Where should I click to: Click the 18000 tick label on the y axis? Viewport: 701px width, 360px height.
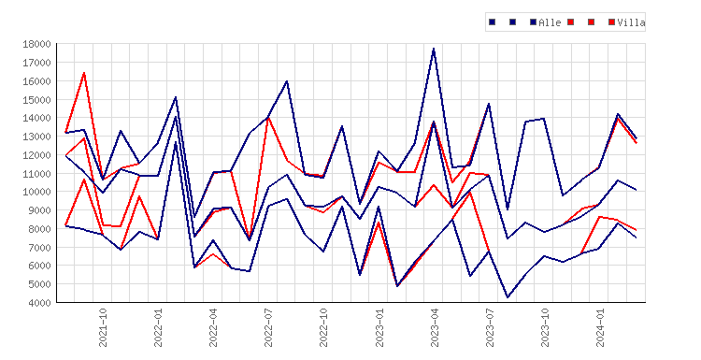coord(36,44)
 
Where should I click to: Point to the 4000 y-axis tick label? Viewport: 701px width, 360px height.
coord(39,303)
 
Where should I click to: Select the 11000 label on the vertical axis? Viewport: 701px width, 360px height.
coord(36,174)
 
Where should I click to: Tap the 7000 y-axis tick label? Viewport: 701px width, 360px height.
coord(39,247)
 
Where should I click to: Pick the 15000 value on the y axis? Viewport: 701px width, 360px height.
coord(36,100)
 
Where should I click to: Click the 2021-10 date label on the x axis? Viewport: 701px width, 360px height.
coord(103,327)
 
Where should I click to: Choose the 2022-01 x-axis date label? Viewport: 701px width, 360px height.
coord(158,327)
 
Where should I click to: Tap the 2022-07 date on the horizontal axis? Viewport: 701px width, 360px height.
coord(268,327)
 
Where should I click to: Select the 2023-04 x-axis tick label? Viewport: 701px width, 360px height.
coord(434,327)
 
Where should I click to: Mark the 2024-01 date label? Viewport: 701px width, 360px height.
coord(600,327)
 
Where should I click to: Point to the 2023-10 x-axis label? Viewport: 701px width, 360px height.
coord(545,327)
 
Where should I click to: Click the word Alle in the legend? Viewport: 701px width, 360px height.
coord(550,22)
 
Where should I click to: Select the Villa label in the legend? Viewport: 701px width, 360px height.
coord(631,22)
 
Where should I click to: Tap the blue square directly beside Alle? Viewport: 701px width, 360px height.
coord(533,22)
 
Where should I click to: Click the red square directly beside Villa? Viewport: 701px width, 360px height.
coord(611,22)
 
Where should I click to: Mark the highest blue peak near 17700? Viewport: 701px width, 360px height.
coord(434,49)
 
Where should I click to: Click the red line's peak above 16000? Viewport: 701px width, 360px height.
coord(84,72)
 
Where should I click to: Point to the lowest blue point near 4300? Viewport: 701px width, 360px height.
coord(508,297)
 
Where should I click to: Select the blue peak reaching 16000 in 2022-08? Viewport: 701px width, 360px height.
coord(287,81)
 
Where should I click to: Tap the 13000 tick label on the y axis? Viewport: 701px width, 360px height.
coord(36,137)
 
